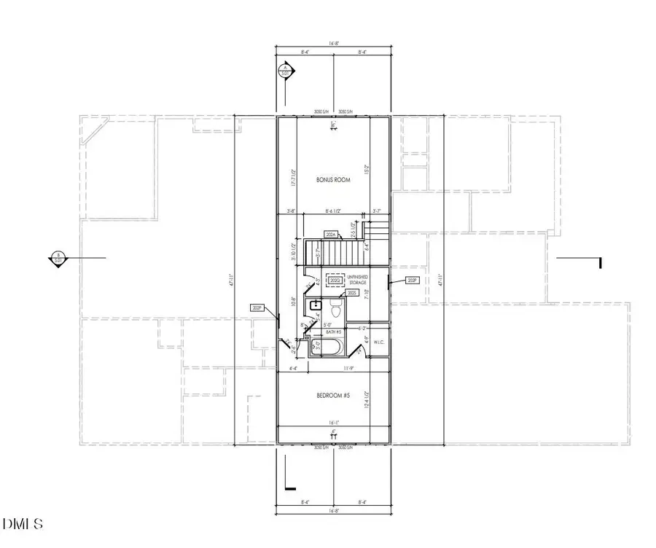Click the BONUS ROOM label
tap(333, 179)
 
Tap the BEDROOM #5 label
tap(333, 396)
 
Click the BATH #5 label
tap(335, 332)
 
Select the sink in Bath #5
tap(314, 306)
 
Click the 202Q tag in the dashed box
tap(335, 280)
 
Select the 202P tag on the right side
tap(413, 280)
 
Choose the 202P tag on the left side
tap(257, 308)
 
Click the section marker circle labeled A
tap(284, 71)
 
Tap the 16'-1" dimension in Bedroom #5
tap(333, 421)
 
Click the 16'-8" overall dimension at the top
tap(333, 43)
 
